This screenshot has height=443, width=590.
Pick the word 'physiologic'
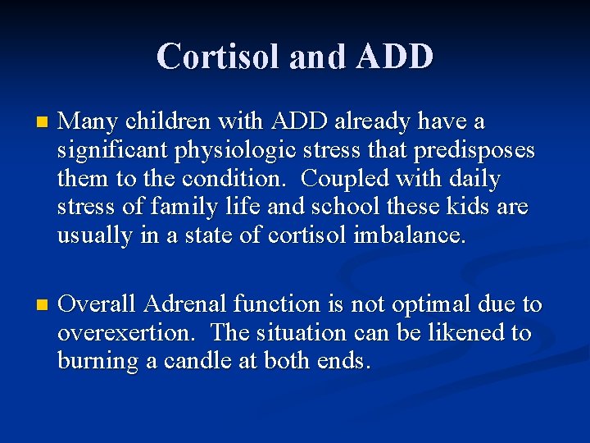pos(234,151)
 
